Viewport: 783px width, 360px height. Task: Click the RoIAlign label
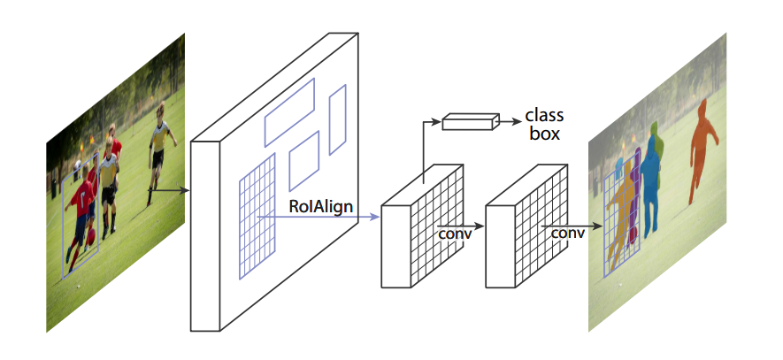tap(321, 206)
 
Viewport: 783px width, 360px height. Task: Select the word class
tap(544, 116)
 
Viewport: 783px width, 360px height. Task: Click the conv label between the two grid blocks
tap(455, 234)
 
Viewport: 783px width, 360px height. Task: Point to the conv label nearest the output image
tap(567, 233)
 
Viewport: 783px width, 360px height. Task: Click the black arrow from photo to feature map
tap(168, 188)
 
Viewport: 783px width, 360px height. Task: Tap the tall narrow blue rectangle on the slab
tap(337, 120)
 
